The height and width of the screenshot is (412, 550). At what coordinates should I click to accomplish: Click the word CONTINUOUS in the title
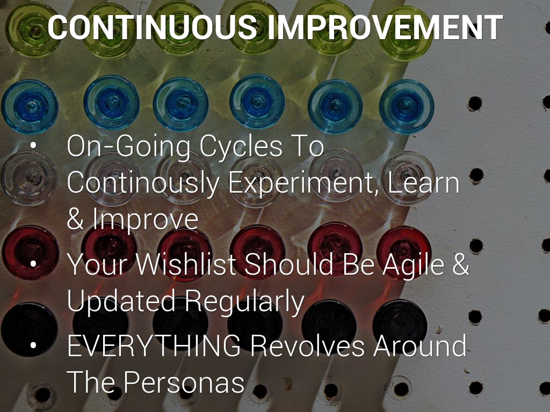pyautogui.click(x=152, y=27)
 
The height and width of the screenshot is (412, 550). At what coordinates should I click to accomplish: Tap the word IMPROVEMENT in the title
pyautogui.click(x=385, y=27)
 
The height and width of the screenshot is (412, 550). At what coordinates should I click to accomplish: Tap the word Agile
pyautogui.click(x=413, y=265)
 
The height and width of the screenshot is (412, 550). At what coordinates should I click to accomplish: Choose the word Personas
pyautogui.click(x=184, y=382)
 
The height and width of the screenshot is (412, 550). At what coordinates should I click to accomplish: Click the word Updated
pyautogui.click(x=121, y=301)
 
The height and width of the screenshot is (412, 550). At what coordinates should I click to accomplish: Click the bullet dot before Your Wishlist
pyautogui.click(x=33, y=263)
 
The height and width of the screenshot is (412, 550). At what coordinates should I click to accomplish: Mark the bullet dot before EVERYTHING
pyautogui.click(x=33, y=345)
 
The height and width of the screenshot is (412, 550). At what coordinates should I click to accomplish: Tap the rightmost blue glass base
pyautogui.click(x=407, y=106)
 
